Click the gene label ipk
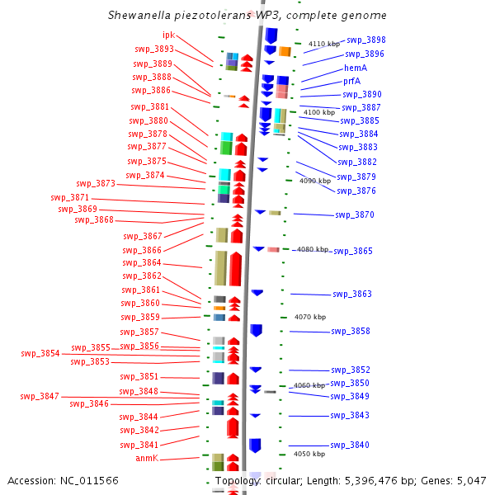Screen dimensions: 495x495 coord(168,35)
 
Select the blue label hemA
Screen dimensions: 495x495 coord(356,68)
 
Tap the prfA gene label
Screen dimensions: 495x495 coord(351,82)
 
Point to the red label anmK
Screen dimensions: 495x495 coord(147,458)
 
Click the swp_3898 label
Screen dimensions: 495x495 coord(366,40)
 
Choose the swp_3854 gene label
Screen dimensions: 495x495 coord(40,354)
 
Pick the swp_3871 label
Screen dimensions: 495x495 coord(70,198)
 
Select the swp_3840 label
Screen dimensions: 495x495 coord(350,445)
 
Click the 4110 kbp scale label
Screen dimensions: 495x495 coord(324,44)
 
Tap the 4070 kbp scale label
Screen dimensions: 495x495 coord(310,317)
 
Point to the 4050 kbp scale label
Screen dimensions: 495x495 coord(309,454)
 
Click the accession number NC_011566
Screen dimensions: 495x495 coord(89,481)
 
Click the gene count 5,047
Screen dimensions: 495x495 coord(472,481)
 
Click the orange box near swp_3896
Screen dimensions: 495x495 coord(285,51)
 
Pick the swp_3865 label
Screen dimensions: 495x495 coord(353,252)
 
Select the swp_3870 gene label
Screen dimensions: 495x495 coord(355,215)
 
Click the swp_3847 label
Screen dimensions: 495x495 coord(40,396)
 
